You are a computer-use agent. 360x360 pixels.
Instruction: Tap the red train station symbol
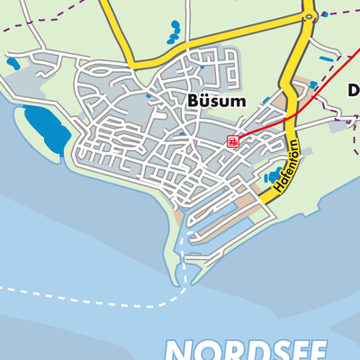click(x=232, y=140)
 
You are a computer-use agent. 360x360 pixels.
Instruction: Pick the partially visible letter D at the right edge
click(x=354, y=90)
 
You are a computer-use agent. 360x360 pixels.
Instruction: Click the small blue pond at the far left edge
click(x=12, y=64)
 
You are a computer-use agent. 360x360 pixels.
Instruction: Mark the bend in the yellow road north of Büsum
click(x=130, y=65)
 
